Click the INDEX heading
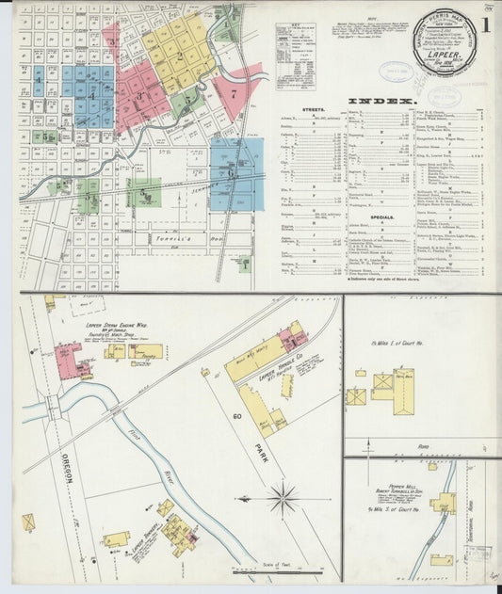(381, 100)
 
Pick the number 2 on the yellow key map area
(179, 55)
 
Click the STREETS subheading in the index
(314, 110)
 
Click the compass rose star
(283, 497)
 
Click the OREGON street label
(70, 467)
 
